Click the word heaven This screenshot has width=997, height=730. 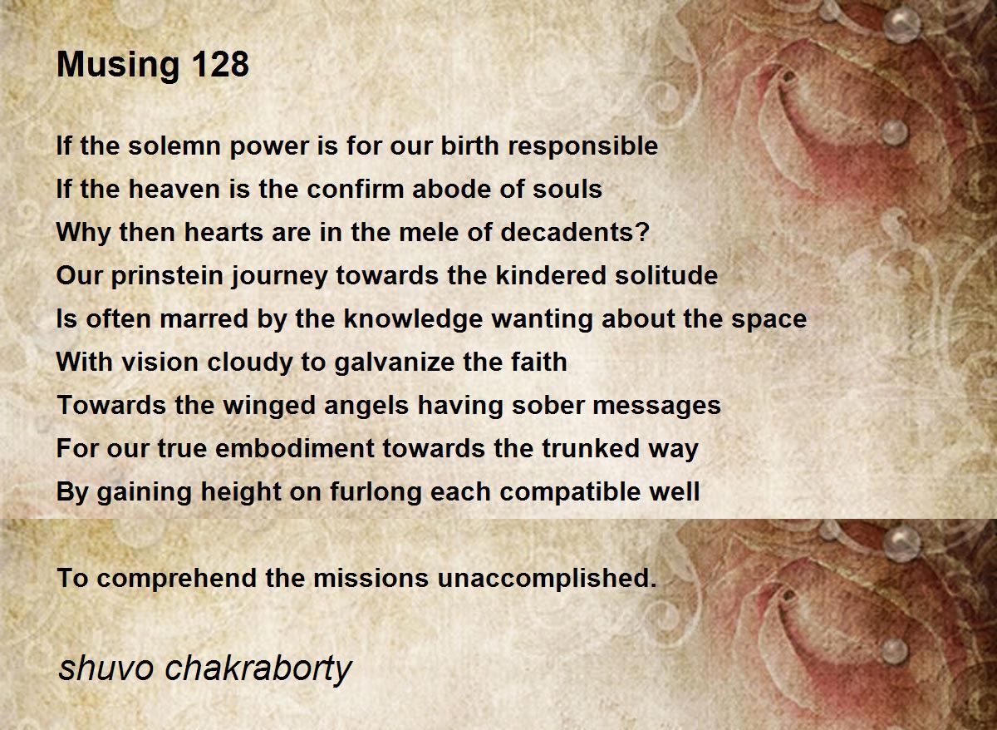[x=174, y=189]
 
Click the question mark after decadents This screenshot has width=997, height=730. [x=643, y=232]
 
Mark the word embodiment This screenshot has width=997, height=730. [x=295, y=448]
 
